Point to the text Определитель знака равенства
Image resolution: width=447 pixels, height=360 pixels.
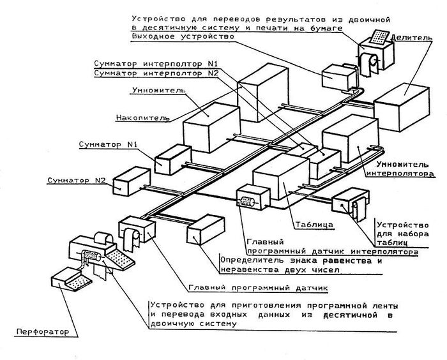tap(300, 260)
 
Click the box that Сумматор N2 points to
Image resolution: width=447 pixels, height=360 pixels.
tap(130, 181)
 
